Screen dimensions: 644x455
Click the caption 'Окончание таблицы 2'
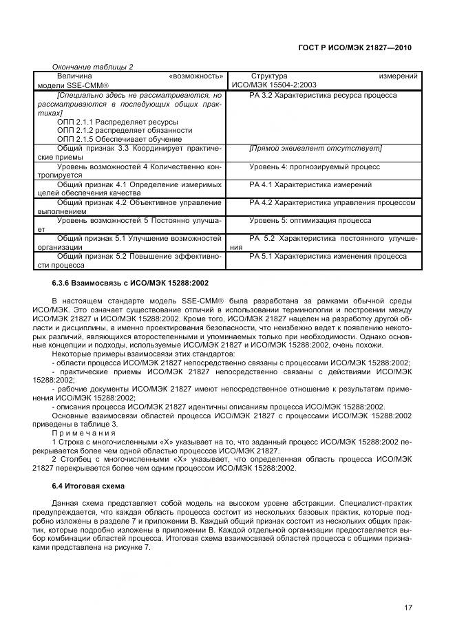[x=92, y=66]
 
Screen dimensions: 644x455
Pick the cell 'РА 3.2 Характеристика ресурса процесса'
[x=323, y=95]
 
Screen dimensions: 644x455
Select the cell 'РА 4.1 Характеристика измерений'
[x=310, y=184]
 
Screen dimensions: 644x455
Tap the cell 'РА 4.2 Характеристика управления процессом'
[x=332, y=203]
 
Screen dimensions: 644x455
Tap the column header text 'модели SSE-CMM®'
[x=71, y=85]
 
